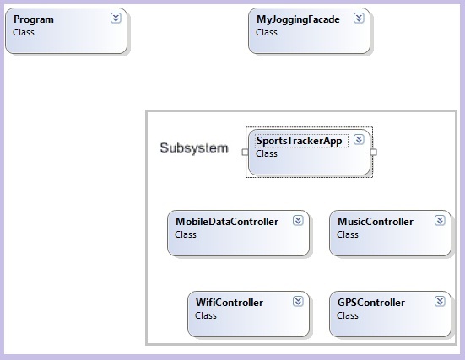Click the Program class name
click(x=34, y=19)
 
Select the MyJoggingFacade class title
click(x=298, y=19)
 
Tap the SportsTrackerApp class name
click(x=299, y=141)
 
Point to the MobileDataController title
click(x=227, y=222)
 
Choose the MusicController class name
click(x=376, y=222)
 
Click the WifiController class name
click(x=230, y=303)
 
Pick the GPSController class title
click(x=371, y=303)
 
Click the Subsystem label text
click(x=194, y=148)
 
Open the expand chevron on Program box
click(x=116, y=18)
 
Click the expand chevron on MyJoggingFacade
click(x=359, y=18)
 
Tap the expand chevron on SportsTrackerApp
click(x=359, y=139)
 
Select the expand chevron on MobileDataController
click(x=298, y=220)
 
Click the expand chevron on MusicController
click(x=440, y=220)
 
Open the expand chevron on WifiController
click(x=298, y=301)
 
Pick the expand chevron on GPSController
click(x=440, y=301)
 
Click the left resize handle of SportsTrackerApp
click(x=246, y=152)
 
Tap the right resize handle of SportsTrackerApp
click(x=373, y=152)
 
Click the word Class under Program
click(x=24, y=32)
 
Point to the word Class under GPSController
click(x=347, y=315)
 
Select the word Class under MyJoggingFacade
click(x=267, y=32)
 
